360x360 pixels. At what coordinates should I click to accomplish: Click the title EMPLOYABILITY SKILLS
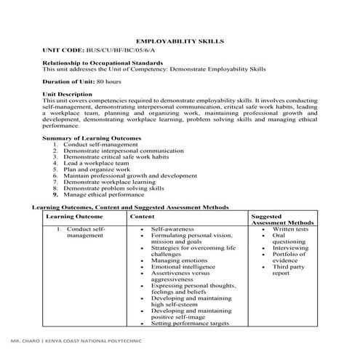point(180,41)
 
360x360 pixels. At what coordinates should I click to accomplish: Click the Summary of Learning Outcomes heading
point(92,137)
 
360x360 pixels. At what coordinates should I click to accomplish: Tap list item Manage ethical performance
point(104,195)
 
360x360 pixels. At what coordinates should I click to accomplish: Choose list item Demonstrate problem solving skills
point(113,188)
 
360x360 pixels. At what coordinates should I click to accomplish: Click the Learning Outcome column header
point(74,217)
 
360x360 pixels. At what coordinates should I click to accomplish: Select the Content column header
point(142,217)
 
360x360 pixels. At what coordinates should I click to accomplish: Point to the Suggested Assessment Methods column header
point(282,220)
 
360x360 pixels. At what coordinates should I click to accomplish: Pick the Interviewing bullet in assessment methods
point(291,248)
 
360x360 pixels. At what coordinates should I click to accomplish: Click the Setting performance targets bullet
point(190,324)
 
